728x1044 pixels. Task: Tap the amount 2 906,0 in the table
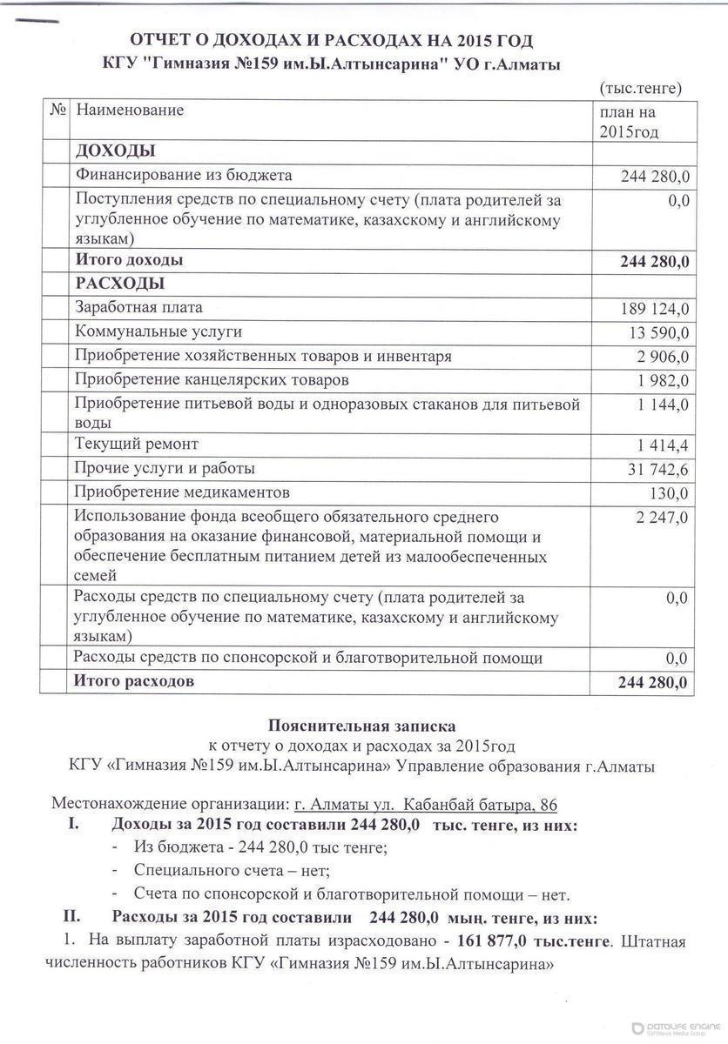[x=663, y=358]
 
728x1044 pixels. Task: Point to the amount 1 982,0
[x=663, y=381]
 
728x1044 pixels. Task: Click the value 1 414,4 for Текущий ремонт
[x=663, y=446]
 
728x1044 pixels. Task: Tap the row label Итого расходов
[x=134, y=681]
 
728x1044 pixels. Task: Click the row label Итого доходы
[x=129, y=260]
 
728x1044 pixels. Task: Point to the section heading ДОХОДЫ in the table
[x=115, y=151]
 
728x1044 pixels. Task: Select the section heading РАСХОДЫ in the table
[x=119, y=284]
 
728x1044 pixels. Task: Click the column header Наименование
[x=130, y=110]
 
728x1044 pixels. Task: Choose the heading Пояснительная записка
[x=361, y=725]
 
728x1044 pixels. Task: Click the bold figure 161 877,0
[x=492, y=941]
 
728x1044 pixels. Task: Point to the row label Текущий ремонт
[x=137, y=445]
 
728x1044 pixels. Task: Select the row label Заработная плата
[x=138, y=308]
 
